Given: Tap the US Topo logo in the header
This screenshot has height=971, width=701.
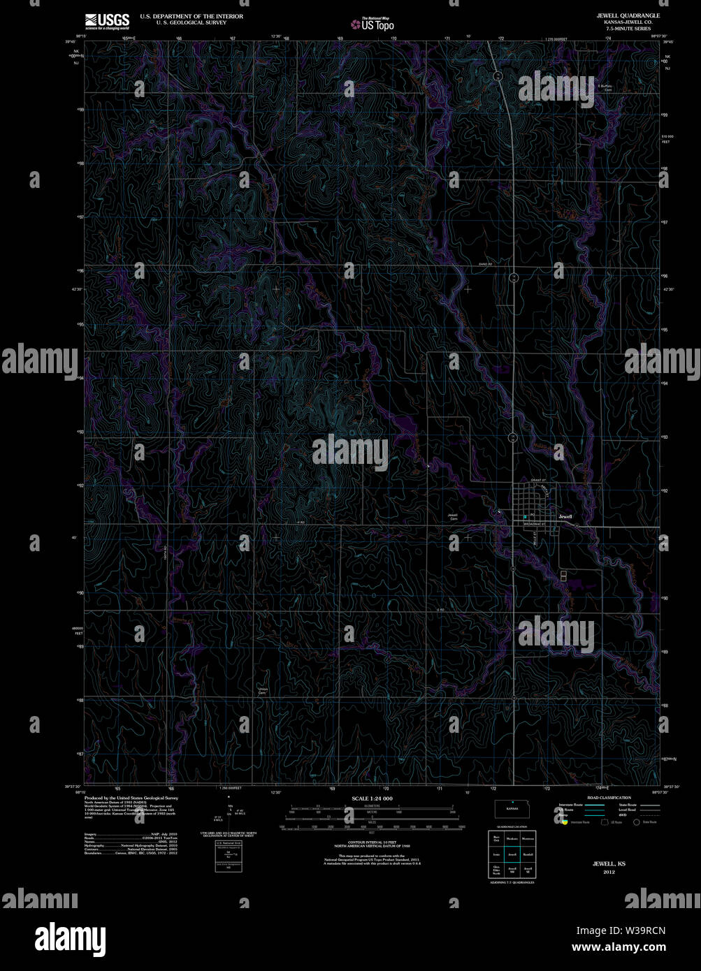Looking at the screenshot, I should click(x=373, y=24).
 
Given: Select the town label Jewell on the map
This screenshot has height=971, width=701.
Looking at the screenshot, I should click(x=565, y=516).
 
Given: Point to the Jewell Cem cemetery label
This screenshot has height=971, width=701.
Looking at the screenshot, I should click(x=453, y=517).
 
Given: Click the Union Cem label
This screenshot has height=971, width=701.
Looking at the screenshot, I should click(x=263, y=690).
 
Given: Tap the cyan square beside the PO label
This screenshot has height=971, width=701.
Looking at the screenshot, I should click(x=525, y=516).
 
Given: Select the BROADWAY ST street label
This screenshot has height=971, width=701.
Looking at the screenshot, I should click(x=535, y=523).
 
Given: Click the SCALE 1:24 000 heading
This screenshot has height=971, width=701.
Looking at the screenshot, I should click(x=373, y=798).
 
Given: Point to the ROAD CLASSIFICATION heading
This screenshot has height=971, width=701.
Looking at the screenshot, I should click(x=609, y=797).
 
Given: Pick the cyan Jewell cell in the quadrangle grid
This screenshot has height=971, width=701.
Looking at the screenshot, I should click(x=512, y=854).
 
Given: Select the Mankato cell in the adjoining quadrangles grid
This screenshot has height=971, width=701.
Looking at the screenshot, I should click(x=512, y=838).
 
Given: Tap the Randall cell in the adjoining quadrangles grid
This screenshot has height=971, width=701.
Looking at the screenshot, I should click(x=528, y=854).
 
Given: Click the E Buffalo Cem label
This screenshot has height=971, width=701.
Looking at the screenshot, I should click(x=604, y=87).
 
